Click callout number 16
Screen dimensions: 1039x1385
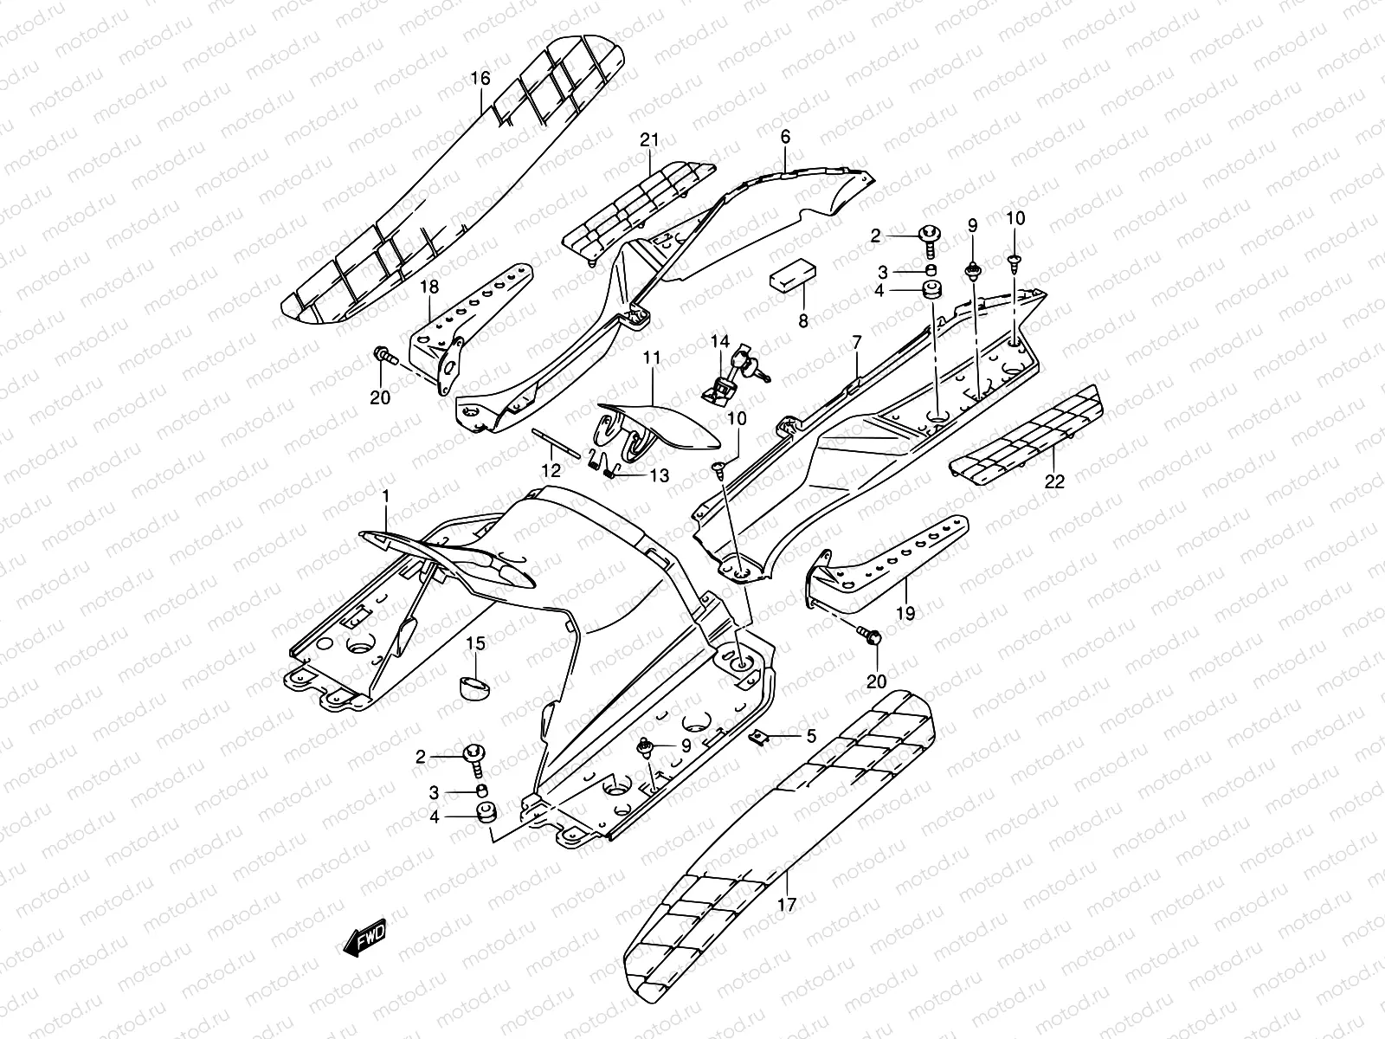point(480,79)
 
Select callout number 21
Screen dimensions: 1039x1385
point(649,139)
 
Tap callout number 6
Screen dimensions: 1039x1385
point(785,137)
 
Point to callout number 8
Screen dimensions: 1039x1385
point(802,321)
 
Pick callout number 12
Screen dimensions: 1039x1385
point(551,471)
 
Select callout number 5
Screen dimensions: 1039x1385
point(810,737)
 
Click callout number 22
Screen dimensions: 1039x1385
point(1053,482)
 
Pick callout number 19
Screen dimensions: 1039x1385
point(905,612)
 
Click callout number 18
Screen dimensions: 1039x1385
point(429,287)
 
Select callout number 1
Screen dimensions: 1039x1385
point(386,496)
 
